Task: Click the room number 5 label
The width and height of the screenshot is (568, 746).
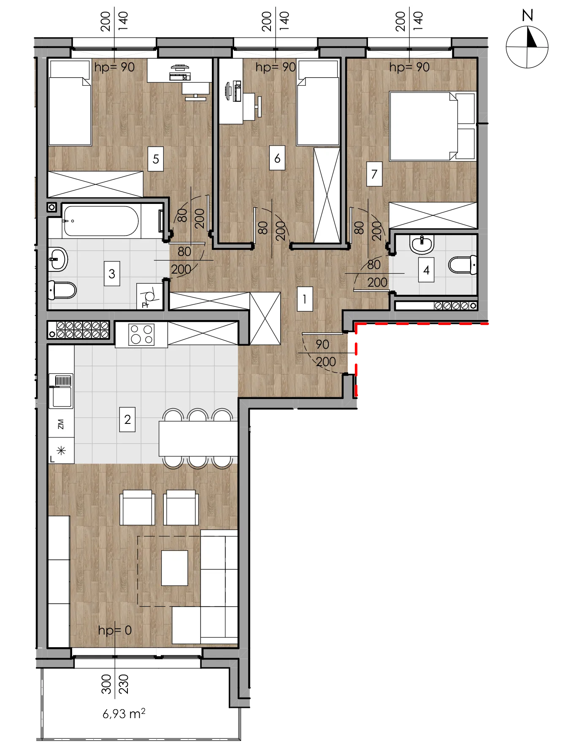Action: coord(156,159)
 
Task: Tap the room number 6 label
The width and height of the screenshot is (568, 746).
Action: coord(277,158)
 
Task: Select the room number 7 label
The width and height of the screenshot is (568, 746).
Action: coord(374,174)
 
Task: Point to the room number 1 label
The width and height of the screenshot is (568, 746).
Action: coord(305,299)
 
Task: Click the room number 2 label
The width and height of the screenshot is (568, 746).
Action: coord(127,419)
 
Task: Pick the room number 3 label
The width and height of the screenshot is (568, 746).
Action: coord(112,274)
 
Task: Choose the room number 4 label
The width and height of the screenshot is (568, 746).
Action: coord(426,270)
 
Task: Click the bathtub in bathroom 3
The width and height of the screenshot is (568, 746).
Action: coord(101,221)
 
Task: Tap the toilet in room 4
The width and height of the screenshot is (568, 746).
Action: coord(463,265)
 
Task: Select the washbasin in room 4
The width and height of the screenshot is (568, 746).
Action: coord(422,244)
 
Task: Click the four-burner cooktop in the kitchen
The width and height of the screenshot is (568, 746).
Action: coord(141,335)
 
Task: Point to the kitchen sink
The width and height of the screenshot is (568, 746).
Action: coord(62,391)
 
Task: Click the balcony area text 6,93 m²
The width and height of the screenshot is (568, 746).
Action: coord(124,713)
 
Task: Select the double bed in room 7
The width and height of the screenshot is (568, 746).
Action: coord(433,126)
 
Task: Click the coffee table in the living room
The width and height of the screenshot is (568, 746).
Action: coord(175,568)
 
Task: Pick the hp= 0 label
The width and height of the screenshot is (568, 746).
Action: coord(115,630)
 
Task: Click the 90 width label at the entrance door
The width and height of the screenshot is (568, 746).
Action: coord(322,345)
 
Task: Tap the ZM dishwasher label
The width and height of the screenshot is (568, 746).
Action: coord(61,424)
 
